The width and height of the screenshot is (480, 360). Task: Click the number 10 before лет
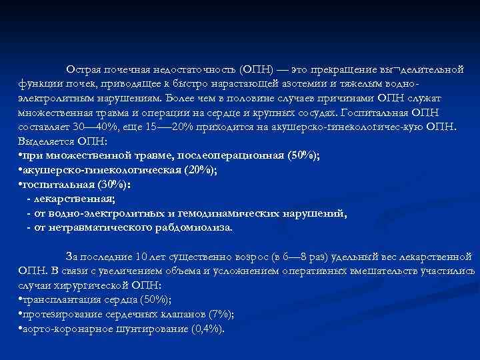click(139, 256)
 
